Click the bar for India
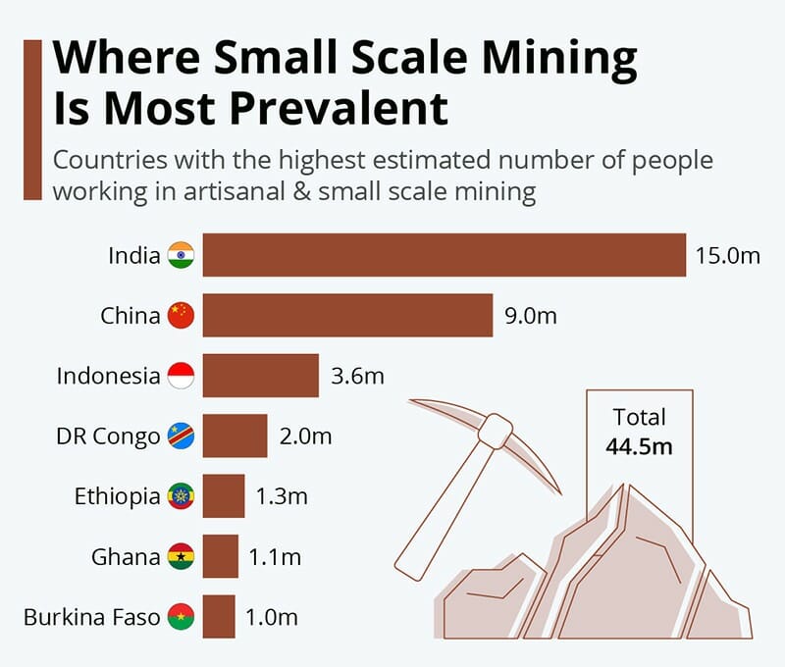click(x=444, y=255)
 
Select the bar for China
click(x=347, y=315)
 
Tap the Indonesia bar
click(x=260, y=376)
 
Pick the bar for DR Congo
click(x=235, y=436)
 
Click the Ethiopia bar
click(x=224, y=496)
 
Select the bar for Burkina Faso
click(x=219, y=617)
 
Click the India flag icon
click(x=182, y=255)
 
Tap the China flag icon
click(x=182, y=315)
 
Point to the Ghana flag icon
click(x=182, y=557)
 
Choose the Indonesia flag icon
click(x=182, y=376)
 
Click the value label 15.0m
click(x=728, y=256)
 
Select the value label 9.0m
click(x=531, y=316)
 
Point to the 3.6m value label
click(x=357, y=376)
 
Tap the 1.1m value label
click(x=275, y=557)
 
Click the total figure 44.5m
click(x=639, y=446)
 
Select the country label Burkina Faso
click(x=91, y=618)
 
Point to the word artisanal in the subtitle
click(x=232, y=190)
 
